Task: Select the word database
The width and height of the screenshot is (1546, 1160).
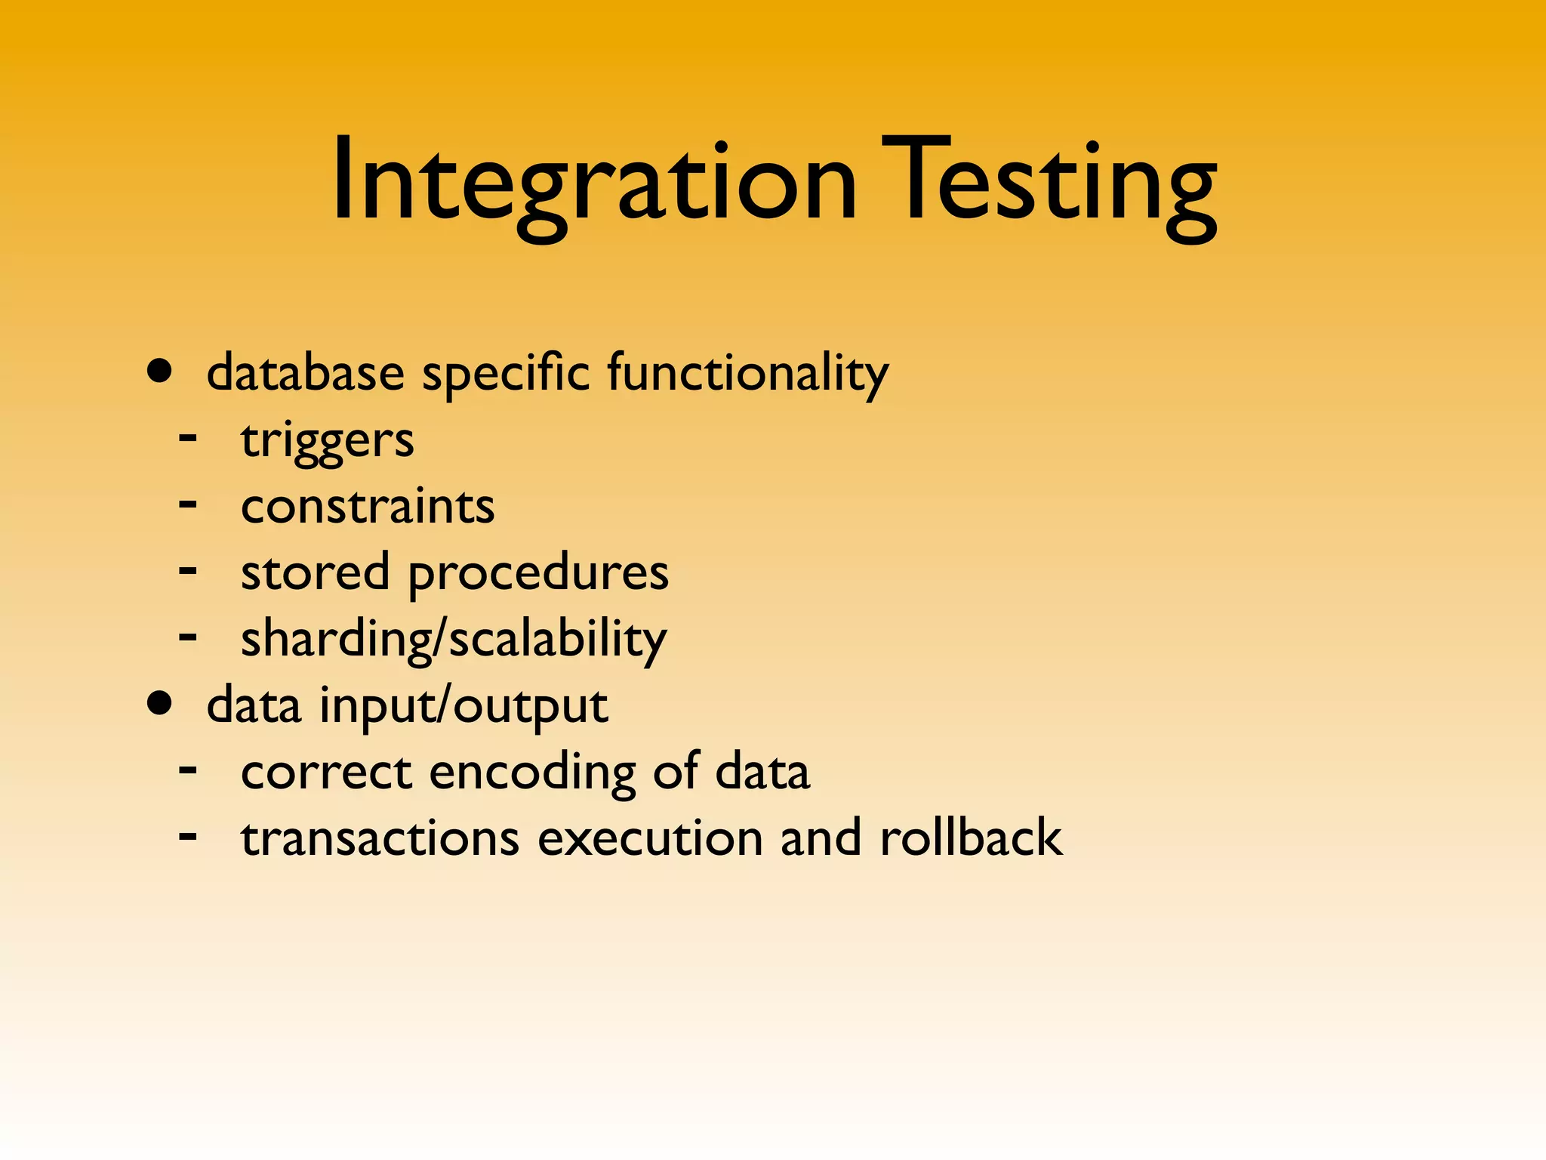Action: (305, 373)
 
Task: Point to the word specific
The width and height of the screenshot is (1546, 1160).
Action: (505, 373)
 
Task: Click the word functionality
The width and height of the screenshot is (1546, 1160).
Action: (747, 373)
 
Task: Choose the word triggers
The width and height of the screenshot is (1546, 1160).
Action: (327, 440)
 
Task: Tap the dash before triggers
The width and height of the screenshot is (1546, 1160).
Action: (188, 438)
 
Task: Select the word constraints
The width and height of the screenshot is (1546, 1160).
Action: (368, 506)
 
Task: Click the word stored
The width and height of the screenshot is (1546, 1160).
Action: (315, 572)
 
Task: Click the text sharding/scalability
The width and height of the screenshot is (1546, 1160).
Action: (454, 639)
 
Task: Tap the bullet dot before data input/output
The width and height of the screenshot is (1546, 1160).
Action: (160, 703)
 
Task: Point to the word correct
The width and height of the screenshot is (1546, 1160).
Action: (325, 772)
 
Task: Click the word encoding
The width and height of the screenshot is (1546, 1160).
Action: (533, 772)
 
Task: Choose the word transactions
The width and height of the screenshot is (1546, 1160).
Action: (380, 838)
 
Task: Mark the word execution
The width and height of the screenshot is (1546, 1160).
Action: (650, 838)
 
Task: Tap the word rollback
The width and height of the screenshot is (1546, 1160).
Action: (971, 838)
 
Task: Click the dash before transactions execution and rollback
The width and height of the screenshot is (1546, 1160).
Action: (188, 836)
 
